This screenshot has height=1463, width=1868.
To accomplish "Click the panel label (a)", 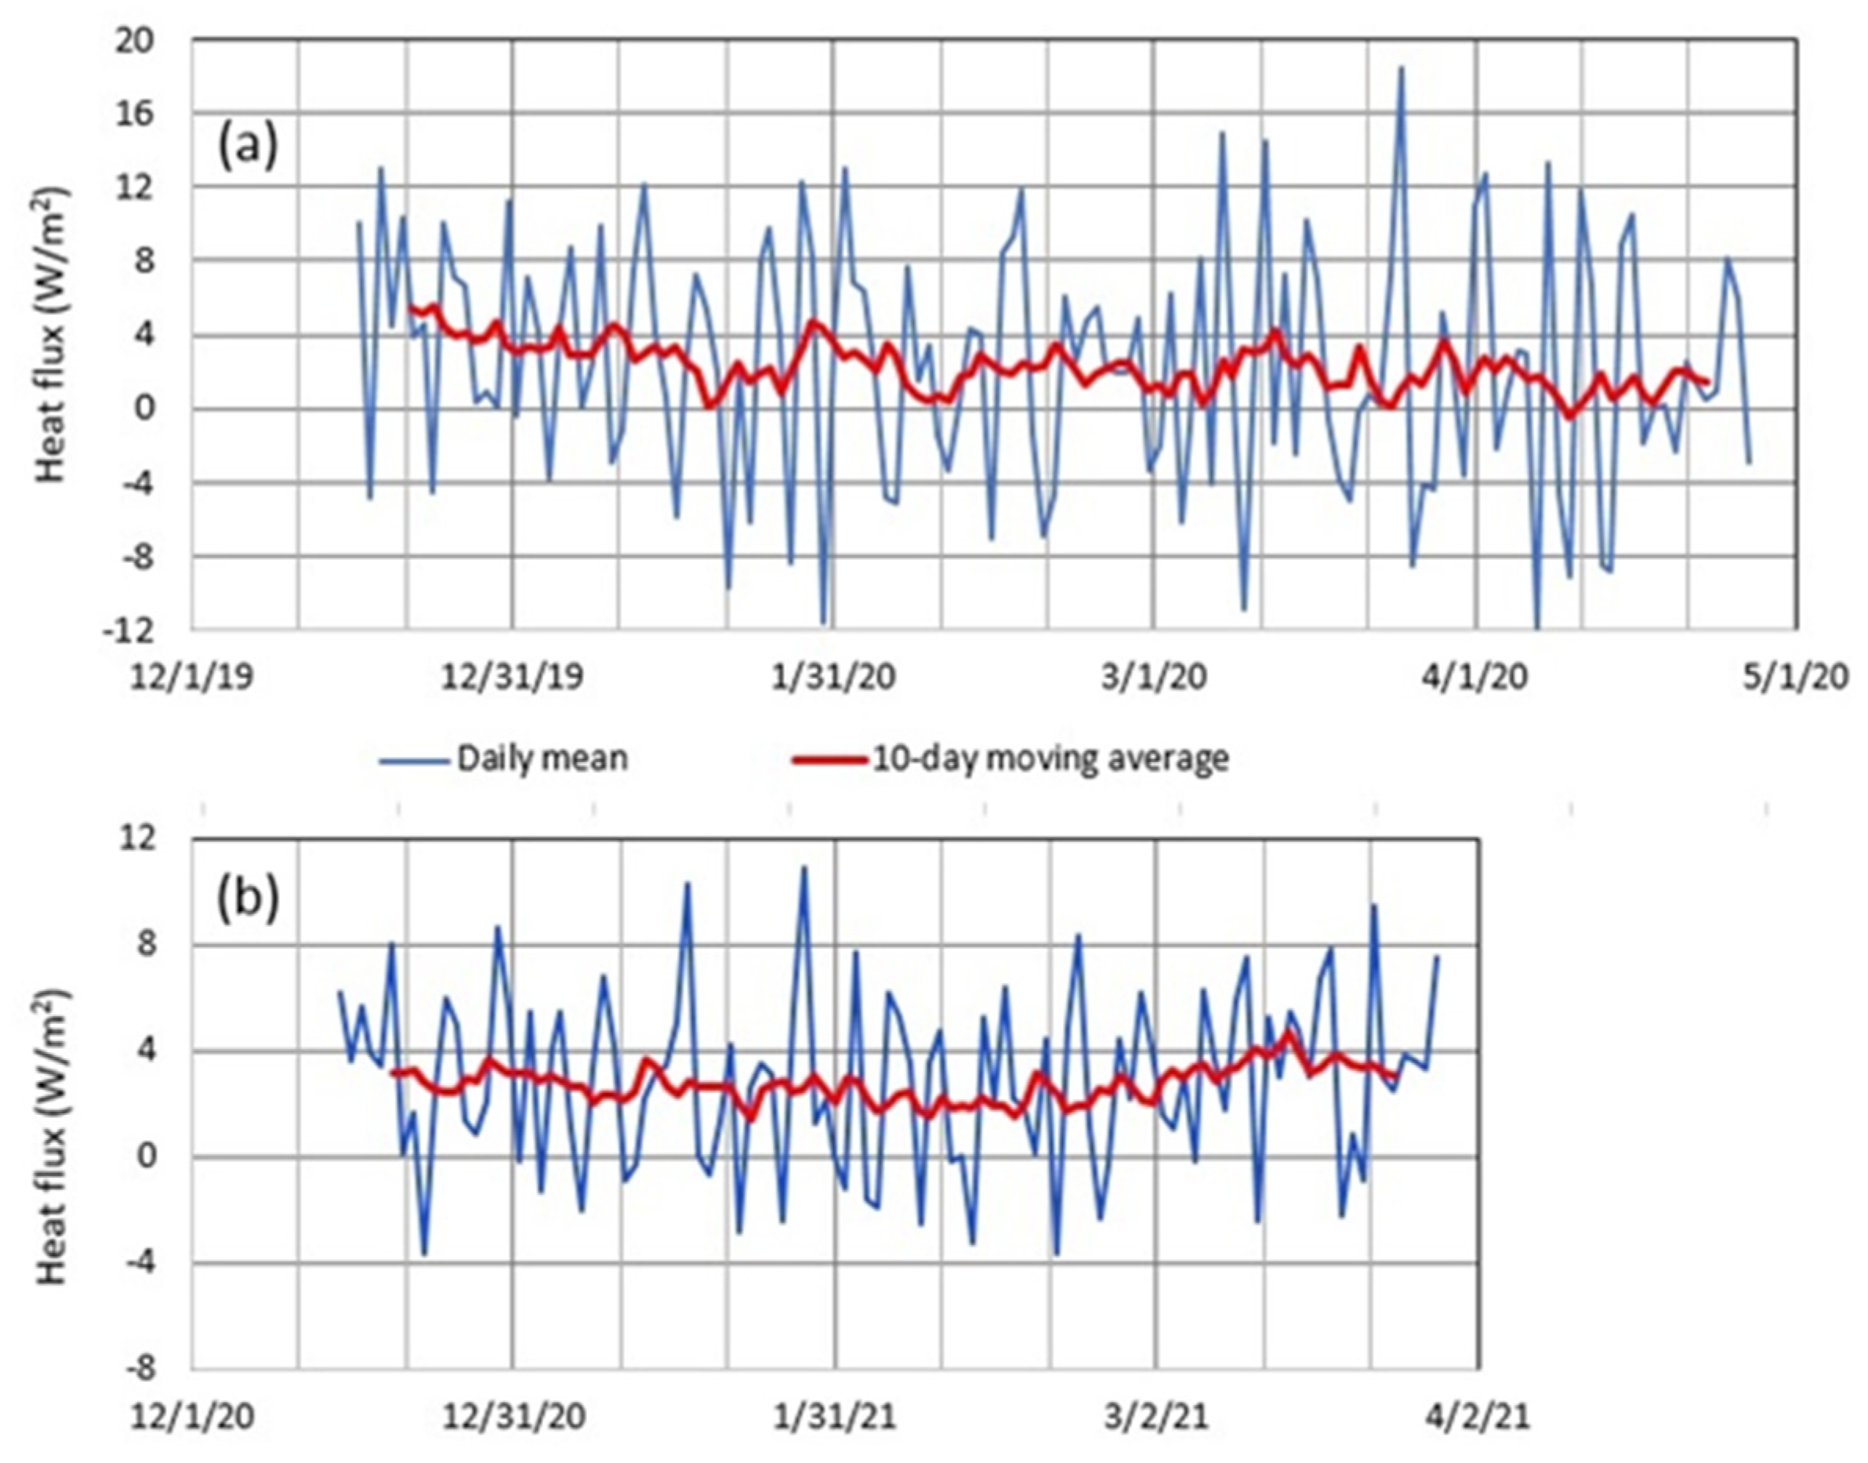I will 248,147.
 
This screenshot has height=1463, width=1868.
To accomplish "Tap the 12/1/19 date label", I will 192,677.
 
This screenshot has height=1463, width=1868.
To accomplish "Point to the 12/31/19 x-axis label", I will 512,677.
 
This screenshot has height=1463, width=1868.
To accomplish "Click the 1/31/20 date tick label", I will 833,677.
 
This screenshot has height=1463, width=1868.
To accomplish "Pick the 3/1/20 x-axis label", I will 1154,677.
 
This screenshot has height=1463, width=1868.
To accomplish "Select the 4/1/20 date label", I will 1474,677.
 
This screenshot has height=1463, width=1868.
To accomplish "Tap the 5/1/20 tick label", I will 1795,677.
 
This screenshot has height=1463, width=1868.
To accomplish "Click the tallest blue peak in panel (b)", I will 803,868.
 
